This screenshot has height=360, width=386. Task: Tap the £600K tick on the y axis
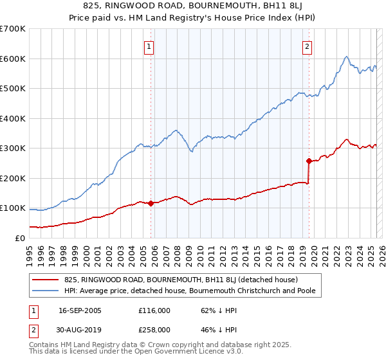point(12,59)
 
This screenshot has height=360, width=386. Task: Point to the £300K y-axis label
point(12,148)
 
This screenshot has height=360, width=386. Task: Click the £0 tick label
point(19,238)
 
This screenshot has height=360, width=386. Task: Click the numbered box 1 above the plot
point(149,46)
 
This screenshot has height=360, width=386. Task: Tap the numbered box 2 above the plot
point(308,46)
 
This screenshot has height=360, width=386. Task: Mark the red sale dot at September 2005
point(151,203)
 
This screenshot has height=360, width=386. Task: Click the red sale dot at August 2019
point(309,161)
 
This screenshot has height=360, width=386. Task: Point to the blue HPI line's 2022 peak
point(346,57)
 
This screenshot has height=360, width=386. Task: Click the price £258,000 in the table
point(154,330)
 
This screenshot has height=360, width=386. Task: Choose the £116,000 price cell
point(154,310)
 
